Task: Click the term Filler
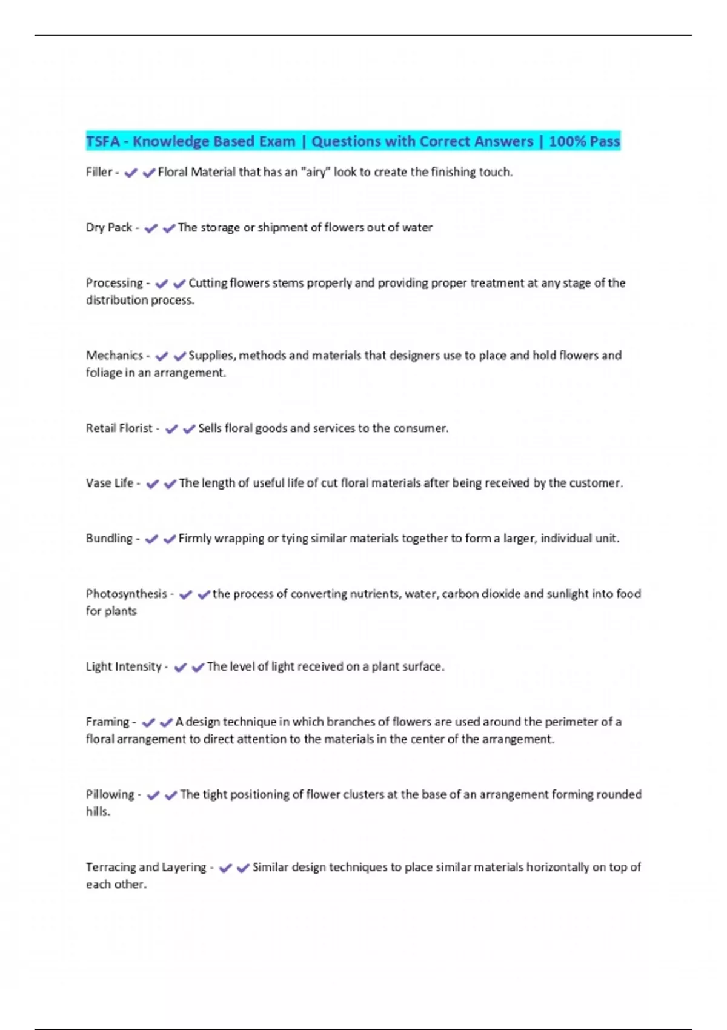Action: (99, 172)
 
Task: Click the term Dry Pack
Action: (109, 227)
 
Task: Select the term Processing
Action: (115, 283)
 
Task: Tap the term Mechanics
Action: (115, 355)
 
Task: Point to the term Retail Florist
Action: (119, 428)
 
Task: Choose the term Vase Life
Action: (110, 483)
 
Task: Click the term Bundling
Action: (109, 538)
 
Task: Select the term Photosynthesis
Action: (126, 594)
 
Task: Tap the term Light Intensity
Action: (124, 666)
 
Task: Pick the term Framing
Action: (107, 722)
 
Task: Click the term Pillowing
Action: (110, 794)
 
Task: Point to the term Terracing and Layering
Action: (146, 867)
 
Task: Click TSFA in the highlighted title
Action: (103, 141)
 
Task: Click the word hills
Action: (98, 811)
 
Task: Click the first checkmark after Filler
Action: (130, 173)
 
